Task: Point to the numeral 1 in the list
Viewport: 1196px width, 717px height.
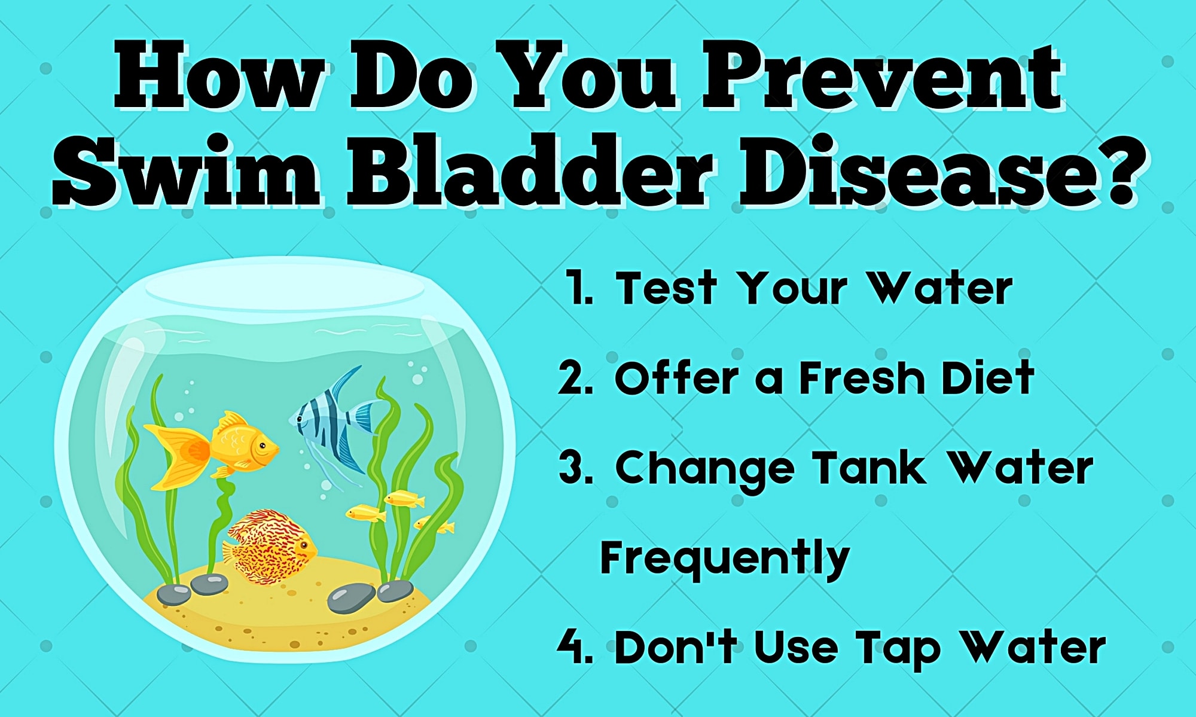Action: point(579,288)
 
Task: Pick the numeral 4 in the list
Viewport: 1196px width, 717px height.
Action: point(573,647)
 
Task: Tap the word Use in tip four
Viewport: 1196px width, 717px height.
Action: point(795,647)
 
